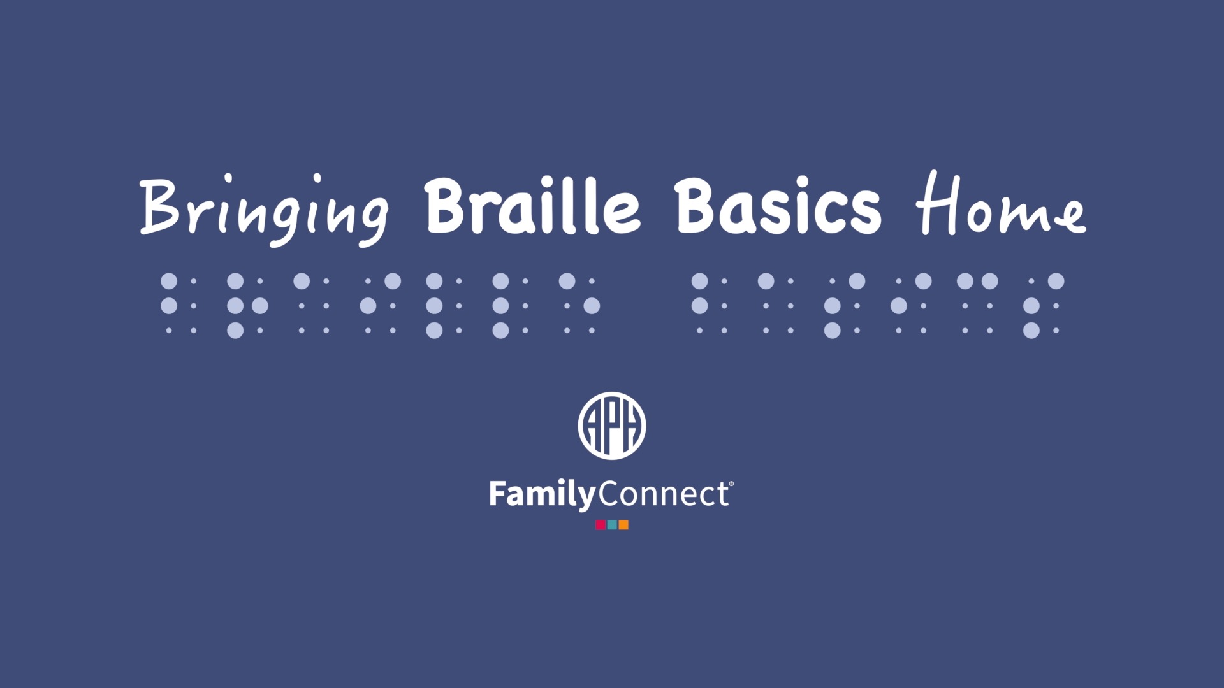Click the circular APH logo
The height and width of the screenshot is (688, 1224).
coord(612,425)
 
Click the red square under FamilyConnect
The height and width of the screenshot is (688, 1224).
coord(601,525)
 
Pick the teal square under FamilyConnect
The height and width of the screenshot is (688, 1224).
coord(612,525)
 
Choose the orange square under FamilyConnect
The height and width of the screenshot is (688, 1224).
coord(623,525)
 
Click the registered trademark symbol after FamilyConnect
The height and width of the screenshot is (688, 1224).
coord(731,484)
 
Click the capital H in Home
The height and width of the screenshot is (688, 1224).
coord(936,203)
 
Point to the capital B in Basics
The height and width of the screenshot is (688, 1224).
coord(697,206)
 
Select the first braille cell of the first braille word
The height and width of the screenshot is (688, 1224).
coord(181,306)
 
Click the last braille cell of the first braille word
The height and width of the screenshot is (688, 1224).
coord(579,306)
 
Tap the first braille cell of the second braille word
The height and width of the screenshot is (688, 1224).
coord(712,306)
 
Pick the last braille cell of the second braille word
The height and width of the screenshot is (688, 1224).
coord(1044,306)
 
